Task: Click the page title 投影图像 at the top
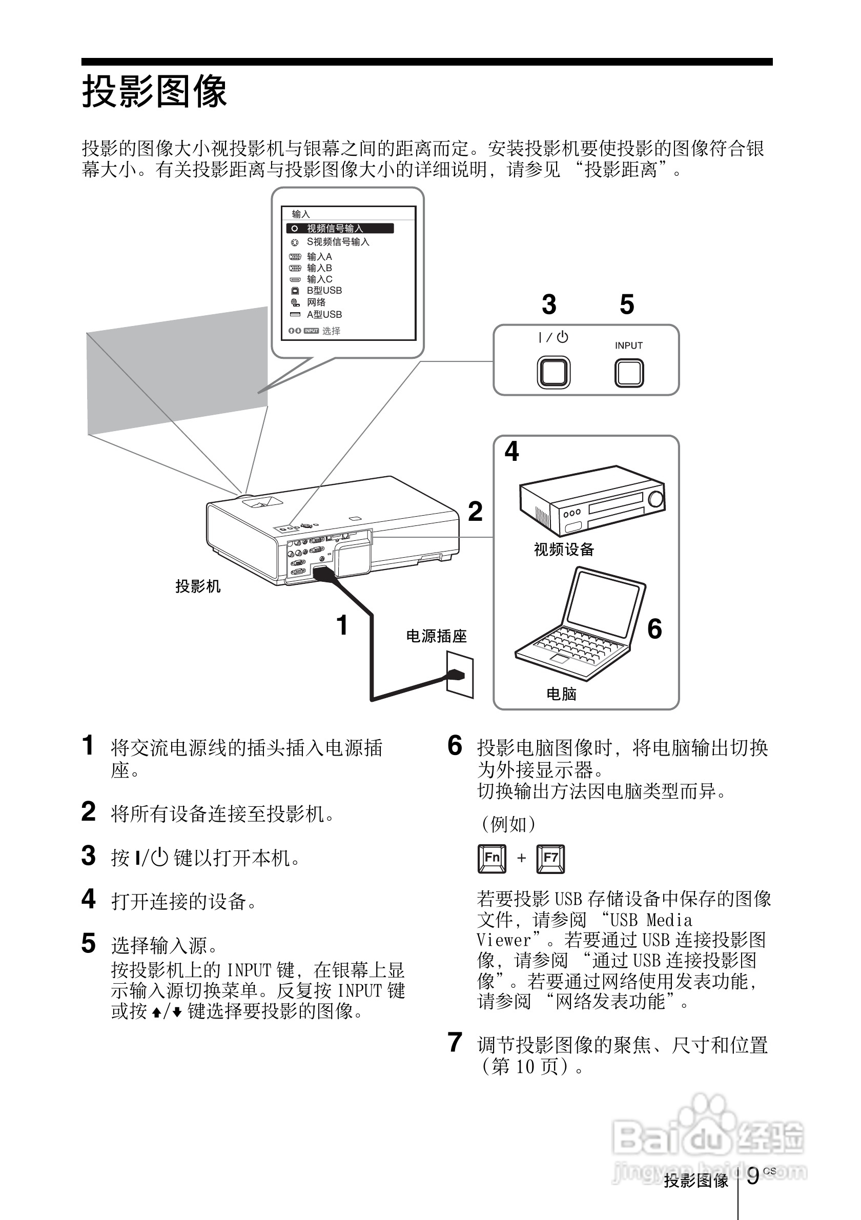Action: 155,91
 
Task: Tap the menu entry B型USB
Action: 324,291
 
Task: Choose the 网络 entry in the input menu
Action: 316,302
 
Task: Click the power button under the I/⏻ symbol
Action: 553,373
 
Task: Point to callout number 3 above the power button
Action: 549,305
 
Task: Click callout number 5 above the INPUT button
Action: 627,305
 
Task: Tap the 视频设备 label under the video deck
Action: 564,550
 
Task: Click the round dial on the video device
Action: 656,499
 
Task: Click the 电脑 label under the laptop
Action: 561,694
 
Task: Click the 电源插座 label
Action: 436,636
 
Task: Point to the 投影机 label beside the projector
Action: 198,586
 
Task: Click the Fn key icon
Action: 492,858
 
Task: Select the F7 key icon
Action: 550,858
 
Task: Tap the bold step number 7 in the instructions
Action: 455,1043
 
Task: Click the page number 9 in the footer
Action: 753,1176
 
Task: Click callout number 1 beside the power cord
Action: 342,625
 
